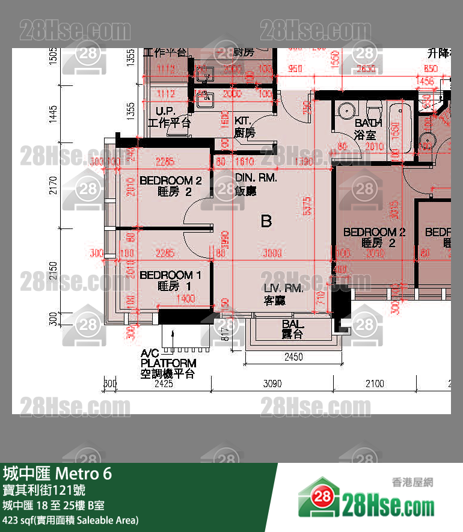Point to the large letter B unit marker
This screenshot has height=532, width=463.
pos(266,221)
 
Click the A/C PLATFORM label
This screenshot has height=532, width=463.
pos(168,363)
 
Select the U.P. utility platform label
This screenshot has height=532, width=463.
pos(165,112)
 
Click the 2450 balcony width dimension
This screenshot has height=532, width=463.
pos(293,357)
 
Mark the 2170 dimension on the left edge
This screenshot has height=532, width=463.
pos(54,185)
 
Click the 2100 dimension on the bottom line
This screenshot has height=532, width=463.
pos(375,384)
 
